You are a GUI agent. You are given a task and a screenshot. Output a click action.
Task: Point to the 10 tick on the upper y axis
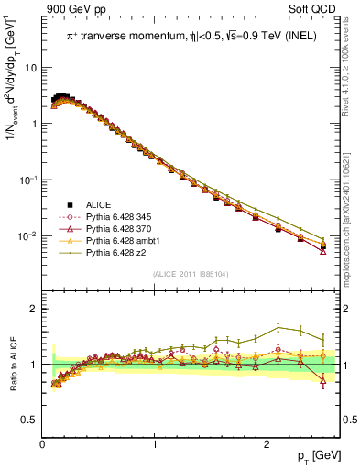click(32, 68)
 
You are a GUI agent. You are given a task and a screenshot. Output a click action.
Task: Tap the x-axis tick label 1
click(155, 443)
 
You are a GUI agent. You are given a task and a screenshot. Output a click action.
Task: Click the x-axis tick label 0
click(42, 443)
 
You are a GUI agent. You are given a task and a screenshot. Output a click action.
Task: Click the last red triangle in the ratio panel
click(322, 382)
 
